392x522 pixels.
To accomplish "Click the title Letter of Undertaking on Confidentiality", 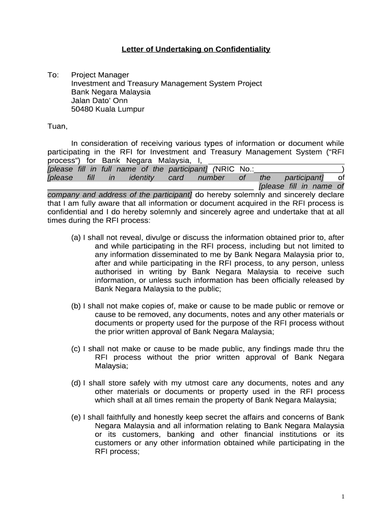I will click(195, 49).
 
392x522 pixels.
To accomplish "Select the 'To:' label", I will click(53, 75).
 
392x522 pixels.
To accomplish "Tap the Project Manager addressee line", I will click(100, 75).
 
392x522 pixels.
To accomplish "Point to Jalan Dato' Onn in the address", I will click(100, 101).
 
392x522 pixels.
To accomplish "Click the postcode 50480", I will click(81, 110).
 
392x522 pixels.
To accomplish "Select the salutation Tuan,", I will click(57, 126).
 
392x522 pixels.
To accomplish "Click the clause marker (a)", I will click(76, 237).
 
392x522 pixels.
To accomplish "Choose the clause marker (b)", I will click(76, 306).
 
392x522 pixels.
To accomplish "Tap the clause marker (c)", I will click(76, 349).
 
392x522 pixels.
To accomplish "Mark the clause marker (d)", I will click(76, 383).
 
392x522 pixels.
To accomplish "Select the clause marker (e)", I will click(76, 417).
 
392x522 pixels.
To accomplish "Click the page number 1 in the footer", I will click(344, 497).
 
